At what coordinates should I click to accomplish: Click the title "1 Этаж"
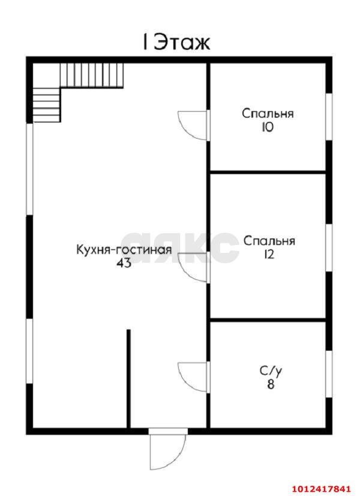click(x=175, y=43)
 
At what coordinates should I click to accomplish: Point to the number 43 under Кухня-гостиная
click(x=124, y=263)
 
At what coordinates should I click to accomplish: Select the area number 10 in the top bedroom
click(x=267, y=127)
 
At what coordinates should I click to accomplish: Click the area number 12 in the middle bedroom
click(x=268, y=255)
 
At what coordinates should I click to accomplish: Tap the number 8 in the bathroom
click(x=270, y=385)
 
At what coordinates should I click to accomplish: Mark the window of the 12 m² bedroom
click(x=328, y=247)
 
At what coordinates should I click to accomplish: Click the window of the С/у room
click(x=328, y=374)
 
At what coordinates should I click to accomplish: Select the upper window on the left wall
click(x=29, y=169)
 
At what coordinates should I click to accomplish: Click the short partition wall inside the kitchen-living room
click(x=128, y=378)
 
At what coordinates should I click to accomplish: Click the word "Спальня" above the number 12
click(x=269, y=241)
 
